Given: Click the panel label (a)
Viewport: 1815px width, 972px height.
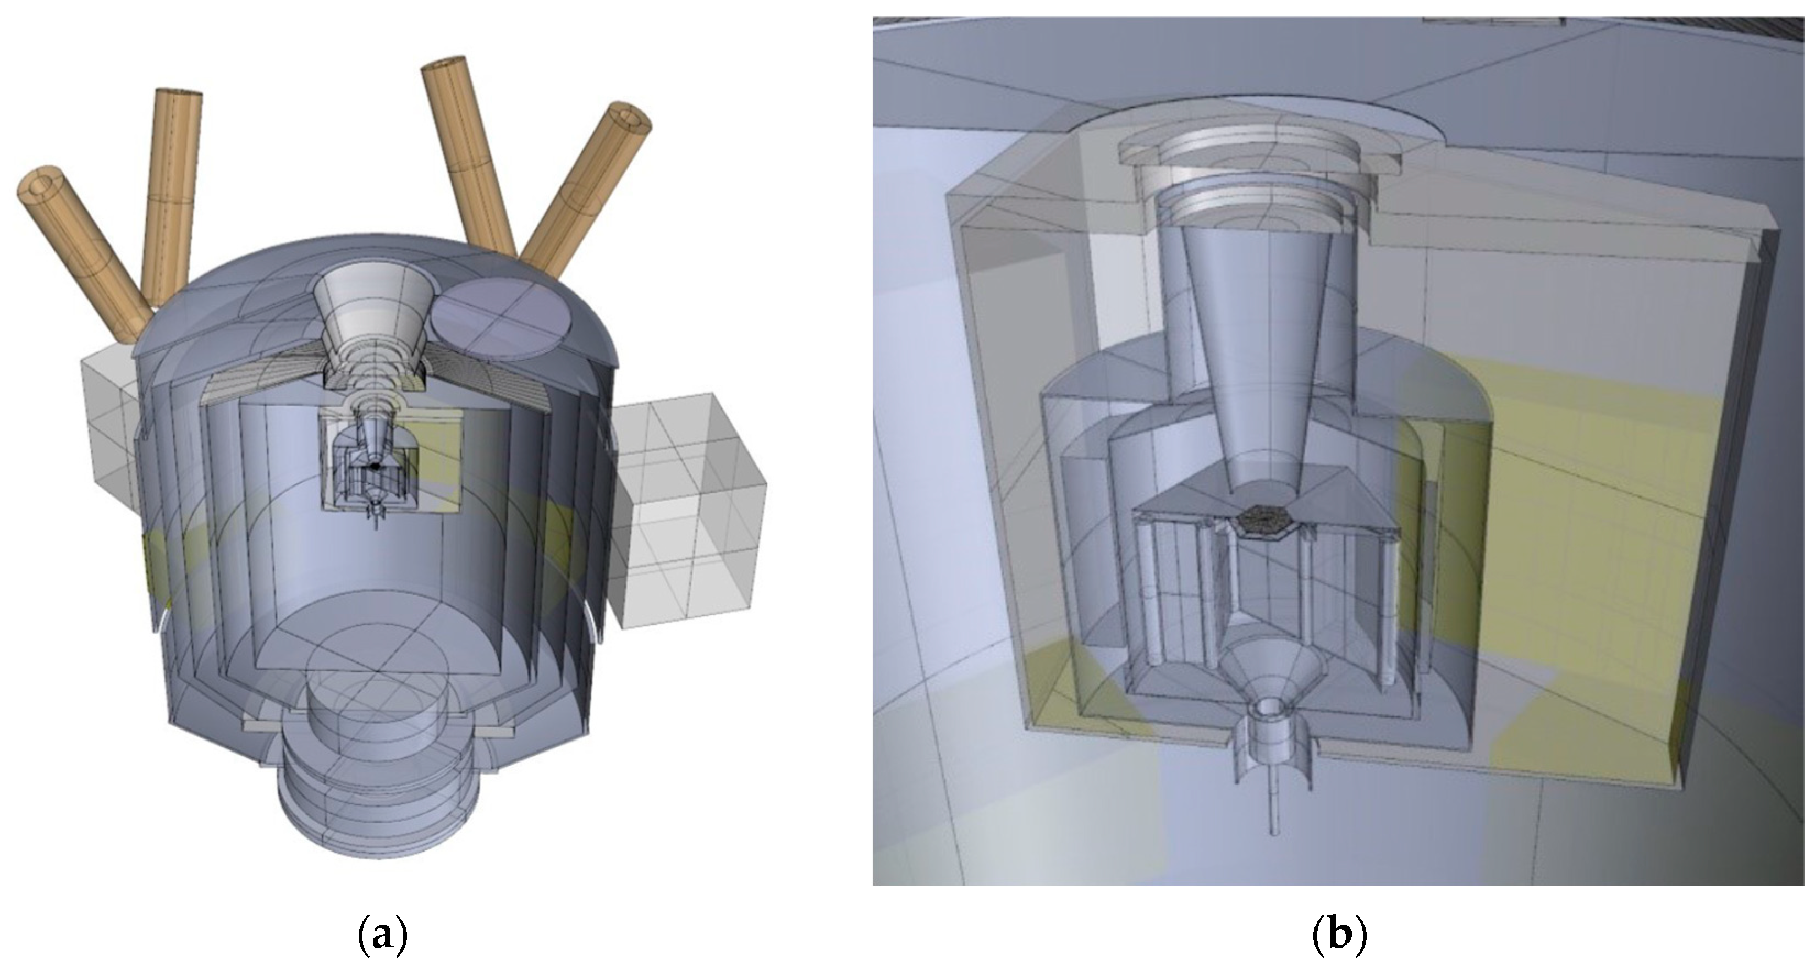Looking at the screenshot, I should (383, 936).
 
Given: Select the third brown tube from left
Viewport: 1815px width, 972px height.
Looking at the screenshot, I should (469, 155).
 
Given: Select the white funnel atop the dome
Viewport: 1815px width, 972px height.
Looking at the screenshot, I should (371, 310).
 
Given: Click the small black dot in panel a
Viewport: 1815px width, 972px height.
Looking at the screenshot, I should (375, 466).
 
